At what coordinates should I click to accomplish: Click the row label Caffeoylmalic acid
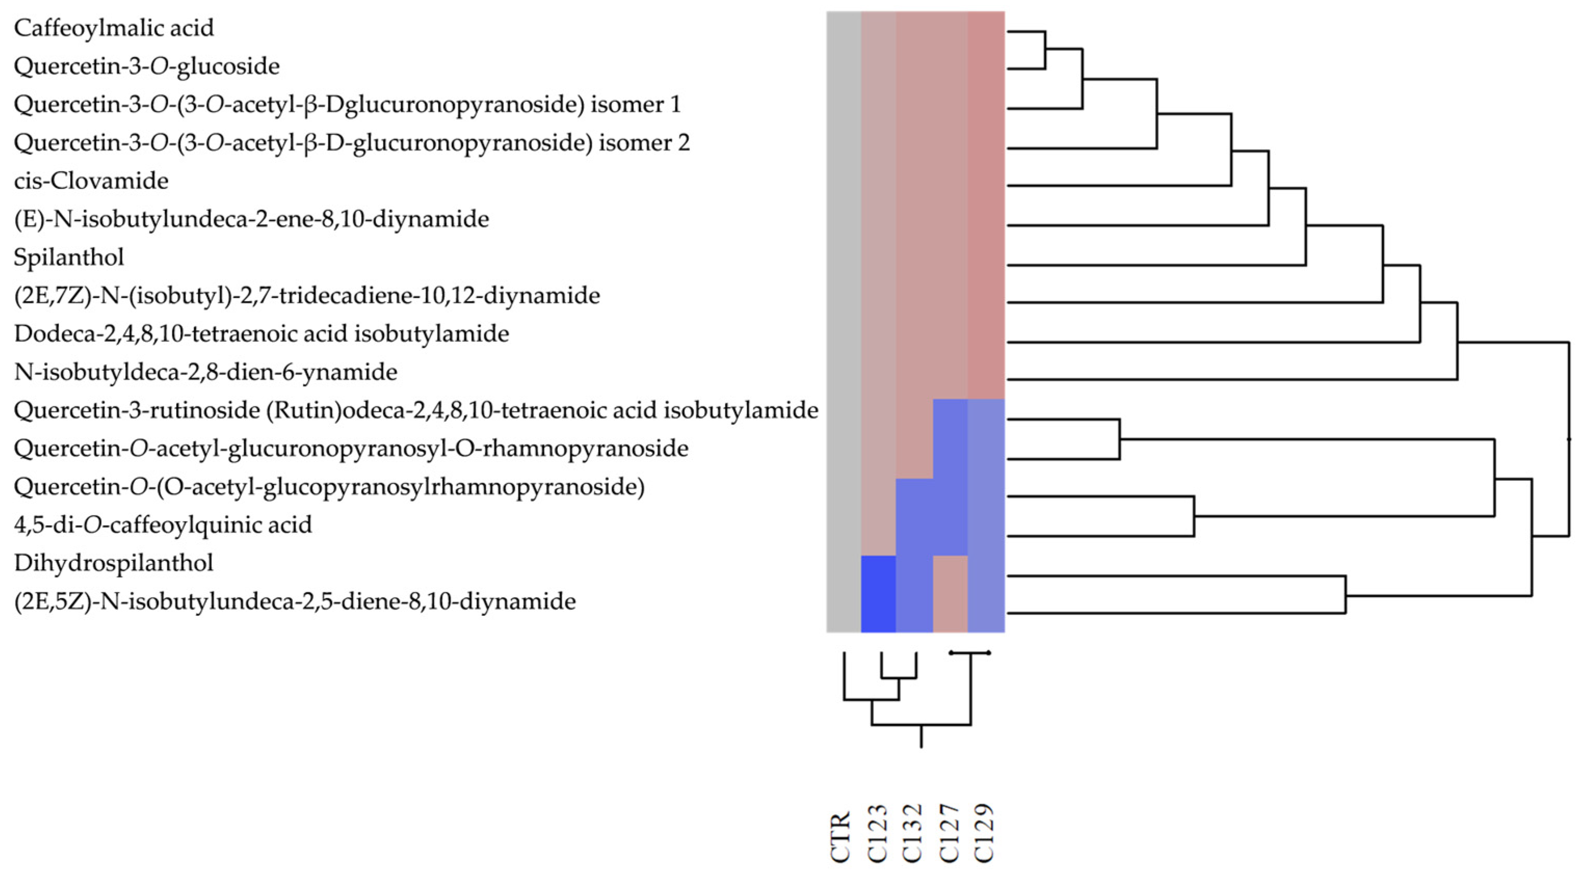pyautogui.click(x=114, y=28)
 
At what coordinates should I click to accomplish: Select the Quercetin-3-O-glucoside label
pyautogui.click(x=147, y=66)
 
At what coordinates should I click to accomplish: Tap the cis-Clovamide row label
pyautogui.click(x=91, y=181)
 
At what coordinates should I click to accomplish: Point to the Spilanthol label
pyautogui.click(x=69, y=258)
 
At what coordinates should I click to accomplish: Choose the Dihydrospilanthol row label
pyautogui.click(x=114, y=563)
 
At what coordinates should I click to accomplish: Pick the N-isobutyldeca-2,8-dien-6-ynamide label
pyautogui.click(x=205, y=372)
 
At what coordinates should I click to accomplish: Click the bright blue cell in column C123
pyautogui.click(x=878, y=594)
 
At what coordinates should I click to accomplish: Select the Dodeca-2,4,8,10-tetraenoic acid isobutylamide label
pyautogui.click(x=261, y=334)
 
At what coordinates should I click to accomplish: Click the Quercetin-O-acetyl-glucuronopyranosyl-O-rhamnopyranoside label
pyautogui.click(x=351, y=449)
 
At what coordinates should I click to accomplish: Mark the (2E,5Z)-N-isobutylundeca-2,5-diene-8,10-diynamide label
pyautogui.click(x=295, y=601)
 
